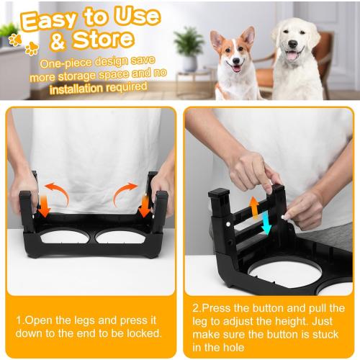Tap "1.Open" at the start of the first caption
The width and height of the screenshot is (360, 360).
tap(32, 320)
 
